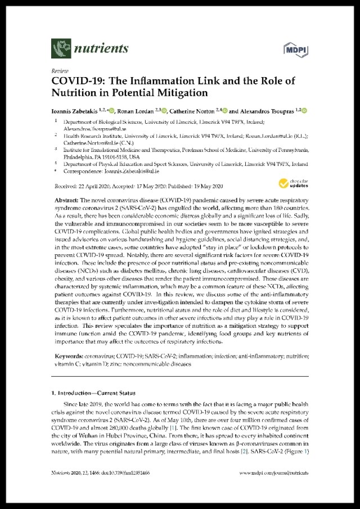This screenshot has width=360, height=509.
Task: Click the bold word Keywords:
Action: (x=70, y=357)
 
